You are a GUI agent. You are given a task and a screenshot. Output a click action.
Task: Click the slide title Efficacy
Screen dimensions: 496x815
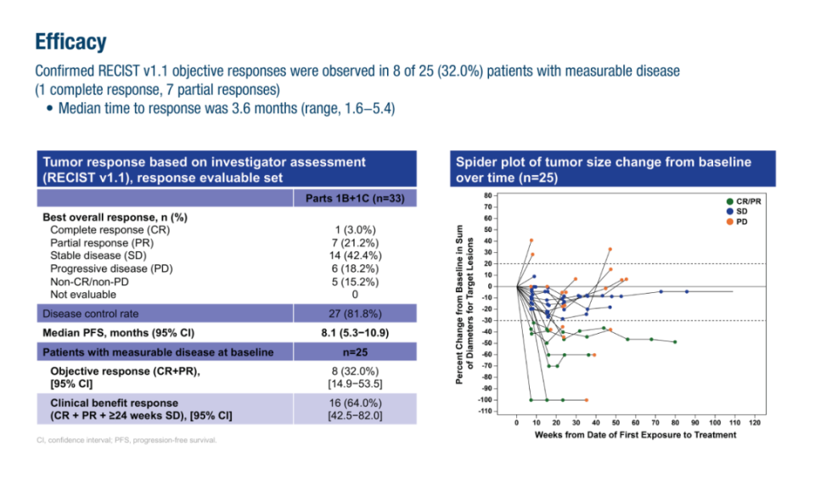tap(70, 42)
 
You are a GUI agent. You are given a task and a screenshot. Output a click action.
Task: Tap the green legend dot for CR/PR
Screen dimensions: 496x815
tap(729, 201)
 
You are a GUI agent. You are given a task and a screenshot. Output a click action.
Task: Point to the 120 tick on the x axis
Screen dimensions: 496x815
tap(755, 422)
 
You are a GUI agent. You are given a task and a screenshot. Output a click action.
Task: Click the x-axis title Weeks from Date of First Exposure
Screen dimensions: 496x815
tap(635, 435)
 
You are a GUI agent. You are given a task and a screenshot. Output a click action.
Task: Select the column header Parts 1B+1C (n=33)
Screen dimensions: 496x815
tap(356, 198)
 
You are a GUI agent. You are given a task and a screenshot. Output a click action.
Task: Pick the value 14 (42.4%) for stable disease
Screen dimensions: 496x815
tap(356, 255)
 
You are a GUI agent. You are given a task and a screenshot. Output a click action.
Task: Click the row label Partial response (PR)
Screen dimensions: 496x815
tap(110, 242)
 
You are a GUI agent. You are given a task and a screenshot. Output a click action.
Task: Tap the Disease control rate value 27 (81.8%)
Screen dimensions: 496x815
tap(356, 313)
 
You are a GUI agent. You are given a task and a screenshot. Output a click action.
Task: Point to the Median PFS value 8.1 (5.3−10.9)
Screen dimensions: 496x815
tap(356, 332)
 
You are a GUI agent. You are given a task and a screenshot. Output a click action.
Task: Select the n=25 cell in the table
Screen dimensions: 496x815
tap(356, 352)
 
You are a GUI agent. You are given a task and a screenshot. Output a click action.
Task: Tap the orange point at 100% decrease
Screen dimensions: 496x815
tap(586, 400)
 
